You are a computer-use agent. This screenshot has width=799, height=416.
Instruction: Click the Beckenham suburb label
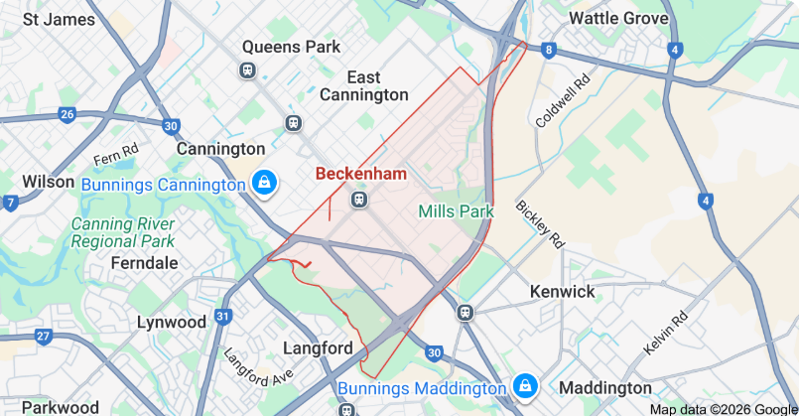361,174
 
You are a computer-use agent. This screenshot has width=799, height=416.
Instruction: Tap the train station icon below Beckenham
359,200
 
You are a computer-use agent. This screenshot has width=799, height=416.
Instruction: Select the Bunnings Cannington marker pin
265,184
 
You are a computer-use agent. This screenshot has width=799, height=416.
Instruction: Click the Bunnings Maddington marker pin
524,385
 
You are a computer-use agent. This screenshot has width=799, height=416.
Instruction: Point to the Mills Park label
456,211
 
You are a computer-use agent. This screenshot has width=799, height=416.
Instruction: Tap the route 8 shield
548,49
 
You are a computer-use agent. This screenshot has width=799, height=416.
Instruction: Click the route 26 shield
67,114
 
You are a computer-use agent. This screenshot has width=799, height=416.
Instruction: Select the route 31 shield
223,317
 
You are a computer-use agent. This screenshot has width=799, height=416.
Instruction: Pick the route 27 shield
43,336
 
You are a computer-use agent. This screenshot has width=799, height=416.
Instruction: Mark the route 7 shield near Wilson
10,203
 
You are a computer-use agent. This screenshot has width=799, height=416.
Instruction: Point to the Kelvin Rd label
666,334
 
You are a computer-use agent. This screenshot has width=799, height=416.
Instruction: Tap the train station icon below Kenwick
465,313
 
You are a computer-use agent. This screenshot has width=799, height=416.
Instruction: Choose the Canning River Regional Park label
123,232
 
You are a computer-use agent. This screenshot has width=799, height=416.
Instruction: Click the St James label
59,18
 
